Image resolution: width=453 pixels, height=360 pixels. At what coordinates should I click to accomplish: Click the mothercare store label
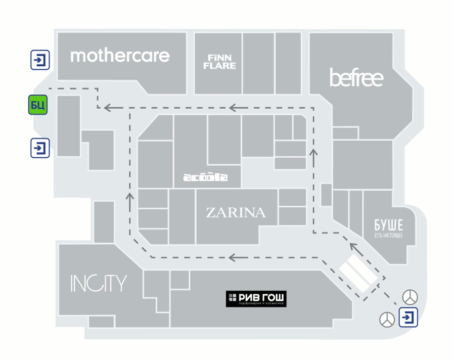point(120,56)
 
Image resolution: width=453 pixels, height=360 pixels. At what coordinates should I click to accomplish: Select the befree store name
point(356,78)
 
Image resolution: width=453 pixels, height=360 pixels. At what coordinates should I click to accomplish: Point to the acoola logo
point(205,177)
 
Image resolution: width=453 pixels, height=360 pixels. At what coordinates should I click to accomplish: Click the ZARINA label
point(236,212)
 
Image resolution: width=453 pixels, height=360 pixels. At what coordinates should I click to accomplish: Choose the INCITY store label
point(98,284)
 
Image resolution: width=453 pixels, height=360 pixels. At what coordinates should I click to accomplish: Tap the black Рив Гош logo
point(256,299)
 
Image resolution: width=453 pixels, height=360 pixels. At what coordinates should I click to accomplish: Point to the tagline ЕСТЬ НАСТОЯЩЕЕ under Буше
point(388,236)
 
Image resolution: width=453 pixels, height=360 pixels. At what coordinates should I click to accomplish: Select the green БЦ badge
point(38,105)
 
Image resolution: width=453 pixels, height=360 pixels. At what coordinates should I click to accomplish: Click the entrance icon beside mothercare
point(40,61)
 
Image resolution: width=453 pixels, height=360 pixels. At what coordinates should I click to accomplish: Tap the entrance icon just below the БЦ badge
point(40,148)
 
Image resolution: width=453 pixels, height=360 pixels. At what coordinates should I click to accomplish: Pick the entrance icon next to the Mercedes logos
point(408,317)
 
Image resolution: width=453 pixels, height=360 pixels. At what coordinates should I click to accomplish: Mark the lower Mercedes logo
point(387,319)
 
